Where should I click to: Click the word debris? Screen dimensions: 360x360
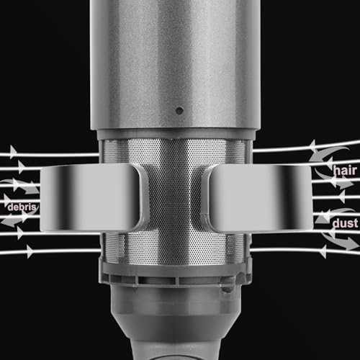(x=22, y=207)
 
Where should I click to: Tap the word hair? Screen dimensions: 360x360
(x=345, y=171)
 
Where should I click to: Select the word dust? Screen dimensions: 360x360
(x=345, y=223)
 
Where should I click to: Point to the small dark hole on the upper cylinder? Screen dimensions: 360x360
(x=179, y=111)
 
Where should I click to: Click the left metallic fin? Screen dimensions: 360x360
(x=92, y=197)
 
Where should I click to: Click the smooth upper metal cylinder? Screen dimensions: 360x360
(x=175, y=65)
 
